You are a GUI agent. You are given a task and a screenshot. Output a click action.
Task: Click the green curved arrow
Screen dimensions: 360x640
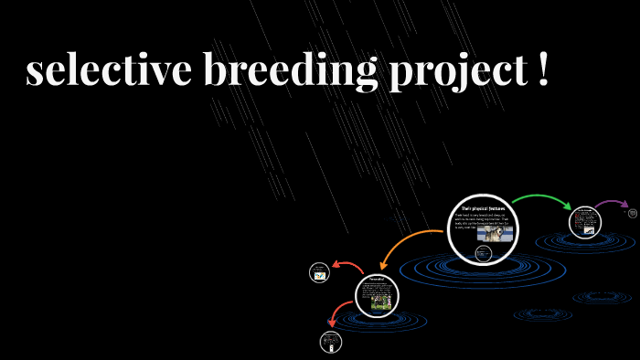[x=539, y=199]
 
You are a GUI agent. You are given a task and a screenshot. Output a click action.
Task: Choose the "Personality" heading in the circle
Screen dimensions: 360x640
[x=377, y=279]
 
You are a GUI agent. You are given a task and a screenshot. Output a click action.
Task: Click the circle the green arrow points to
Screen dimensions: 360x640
[x=583, y=222]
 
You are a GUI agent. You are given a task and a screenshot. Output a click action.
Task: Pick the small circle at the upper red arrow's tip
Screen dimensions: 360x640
[x=320, y=272]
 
